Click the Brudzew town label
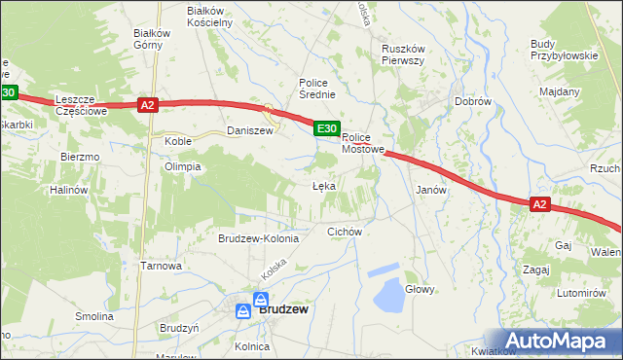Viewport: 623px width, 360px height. point(284,309)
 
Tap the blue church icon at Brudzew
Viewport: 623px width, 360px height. point(261,300)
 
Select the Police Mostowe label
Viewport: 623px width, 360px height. point(364,144)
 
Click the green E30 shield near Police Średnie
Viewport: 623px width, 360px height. point(326,127)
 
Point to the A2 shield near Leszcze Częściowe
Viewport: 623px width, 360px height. point(147,104)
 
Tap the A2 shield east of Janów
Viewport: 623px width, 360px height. point(541,204)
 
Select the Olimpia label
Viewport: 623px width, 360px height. point(182,166)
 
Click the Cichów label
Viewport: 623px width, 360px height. point(345,232)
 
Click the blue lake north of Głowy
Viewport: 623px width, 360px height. point(390,291)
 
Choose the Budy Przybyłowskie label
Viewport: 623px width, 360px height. point(564,50)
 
